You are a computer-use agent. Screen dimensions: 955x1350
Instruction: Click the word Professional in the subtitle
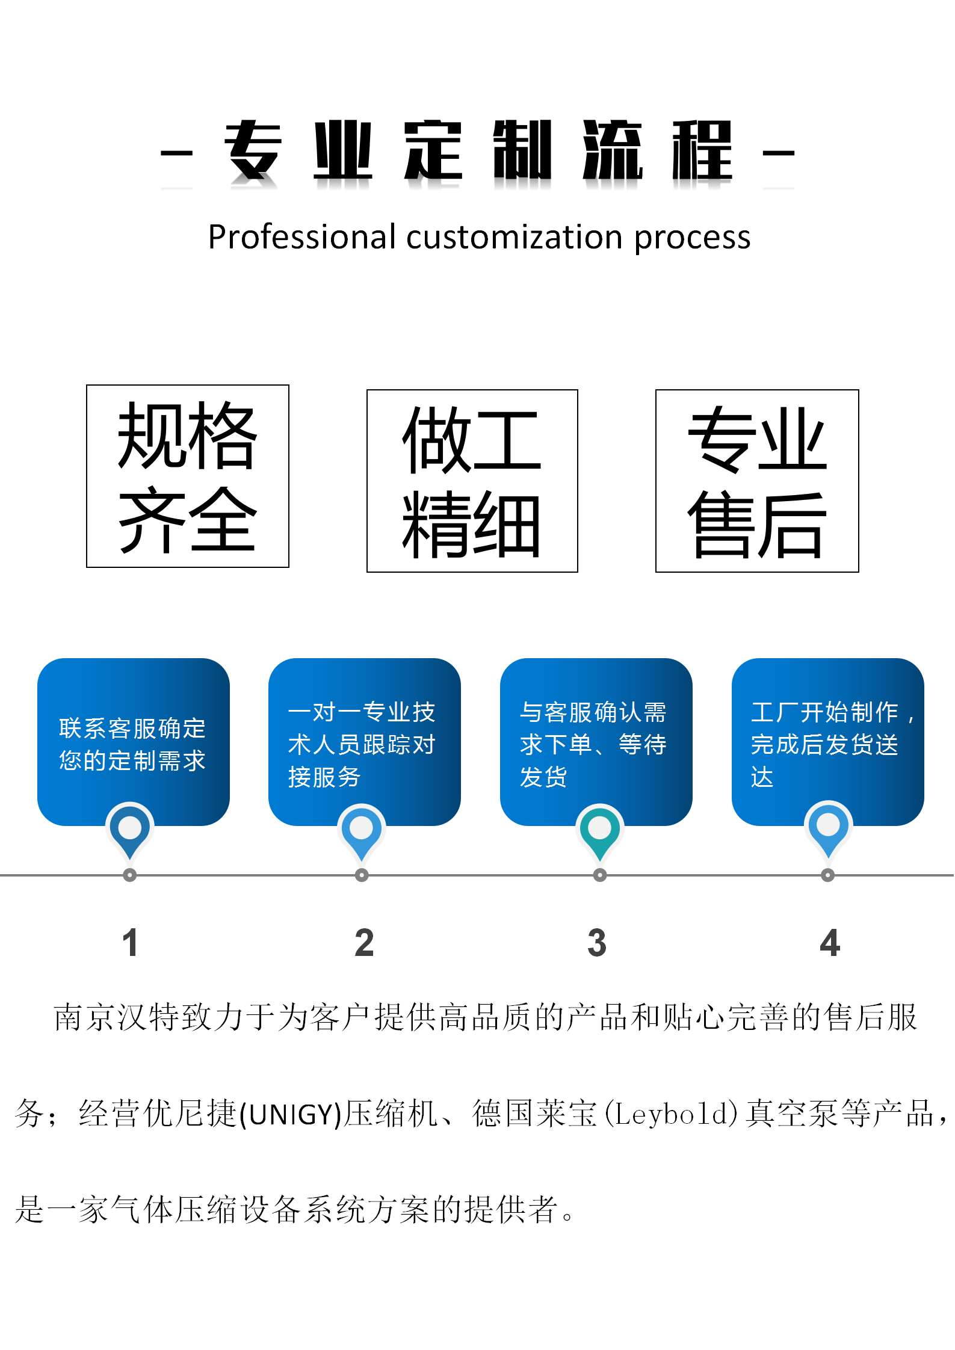pyautogui.click(x=301, y=236)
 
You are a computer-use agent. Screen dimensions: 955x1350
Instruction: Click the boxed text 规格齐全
pyautogui.click(x=188, y=476)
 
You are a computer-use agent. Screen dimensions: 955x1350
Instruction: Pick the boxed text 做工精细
pyautogui.click(x=472, y=481)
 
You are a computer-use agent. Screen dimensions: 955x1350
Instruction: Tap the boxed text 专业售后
pyautogui.click(x=757, y=481)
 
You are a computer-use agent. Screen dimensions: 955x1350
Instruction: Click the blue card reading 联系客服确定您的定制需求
pyautogui.click(x=134, y=742)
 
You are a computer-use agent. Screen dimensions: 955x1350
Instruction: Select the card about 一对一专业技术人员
pyautogui.click(x=365, y=742)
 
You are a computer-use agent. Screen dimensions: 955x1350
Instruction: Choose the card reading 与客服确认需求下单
pyautogui.click(x=596, y=742)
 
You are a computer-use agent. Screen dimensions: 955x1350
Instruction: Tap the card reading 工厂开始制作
pyautogui.click(x=828, y=742)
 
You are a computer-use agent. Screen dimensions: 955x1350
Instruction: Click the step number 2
pyautogui.click(x=364, y=943)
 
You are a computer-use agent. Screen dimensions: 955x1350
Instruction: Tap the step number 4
pyautogui.click(x=830, y=943)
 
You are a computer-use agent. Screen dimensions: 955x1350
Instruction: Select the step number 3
pyautogui.click(x=597, y=943)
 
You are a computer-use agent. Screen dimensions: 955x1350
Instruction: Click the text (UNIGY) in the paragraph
pyautogui.click(x=291, y=1114)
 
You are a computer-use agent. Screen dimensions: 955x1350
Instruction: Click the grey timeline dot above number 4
pyautogui.click(x=828, y=875)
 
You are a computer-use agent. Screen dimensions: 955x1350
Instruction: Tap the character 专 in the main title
pyautogui.click(x=253, y=150)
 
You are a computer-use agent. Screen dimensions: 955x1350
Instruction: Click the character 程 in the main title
pyautogui.click(x=702, y=150)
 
